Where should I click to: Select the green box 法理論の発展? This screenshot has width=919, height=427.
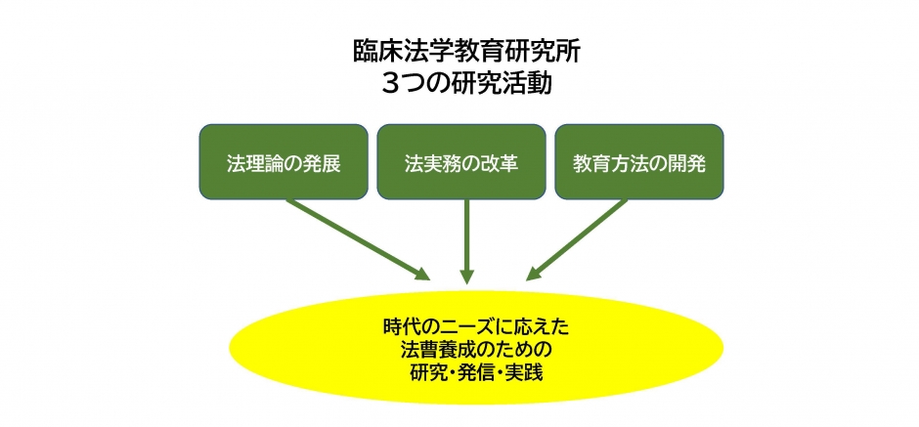(284, 161)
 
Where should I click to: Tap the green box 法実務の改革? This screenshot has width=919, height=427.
(461, 161)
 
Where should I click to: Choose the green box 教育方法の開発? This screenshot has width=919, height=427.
(639, 161)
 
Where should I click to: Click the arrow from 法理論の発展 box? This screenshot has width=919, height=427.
(358, 239)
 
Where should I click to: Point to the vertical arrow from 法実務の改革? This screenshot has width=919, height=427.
(466, 241)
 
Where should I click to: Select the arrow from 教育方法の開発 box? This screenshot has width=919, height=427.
(577, 239)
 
